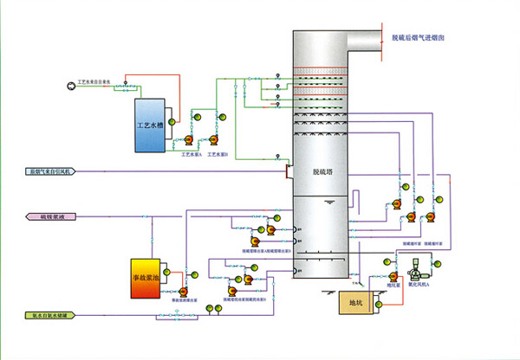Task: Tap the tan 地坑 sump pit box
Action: (355, 303)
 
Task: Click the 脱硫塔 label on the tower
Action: (323, 171)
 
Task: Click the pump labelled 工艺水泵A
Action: (188, 138)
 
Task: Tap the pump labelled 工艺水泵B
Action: (211, 138)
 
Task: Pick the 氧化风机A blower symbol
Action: (405, 264)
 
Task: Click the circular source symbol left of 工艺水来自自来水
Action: (70, 85)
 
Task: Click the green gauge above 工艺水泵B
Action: (222, 115)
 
